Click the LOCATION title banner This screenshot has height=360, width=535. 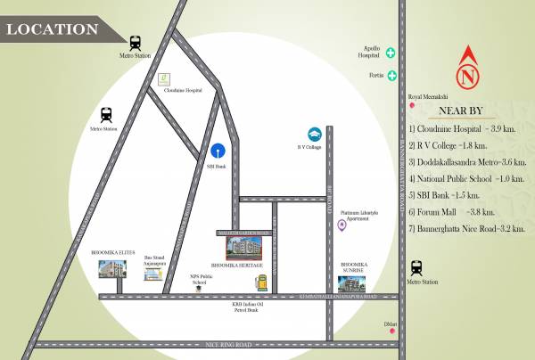(x=53, y=29)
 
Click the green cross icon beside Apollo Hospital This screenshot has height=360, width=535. (x=391, y=53)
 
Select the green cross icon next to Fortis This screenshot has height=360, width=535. (x=391, y=76)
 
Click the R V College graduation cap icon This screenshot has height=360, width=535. (x=315, y=133)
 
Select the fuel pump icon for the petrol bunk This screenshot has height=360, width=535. (x=261, y=282)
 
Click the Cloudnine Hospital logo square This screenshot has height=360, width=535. (x=163, y=79)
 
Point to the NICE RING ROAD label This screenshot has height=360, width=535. (x=212, y=343)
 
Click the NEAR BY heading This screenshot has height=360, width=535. (x=461, y=111)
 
